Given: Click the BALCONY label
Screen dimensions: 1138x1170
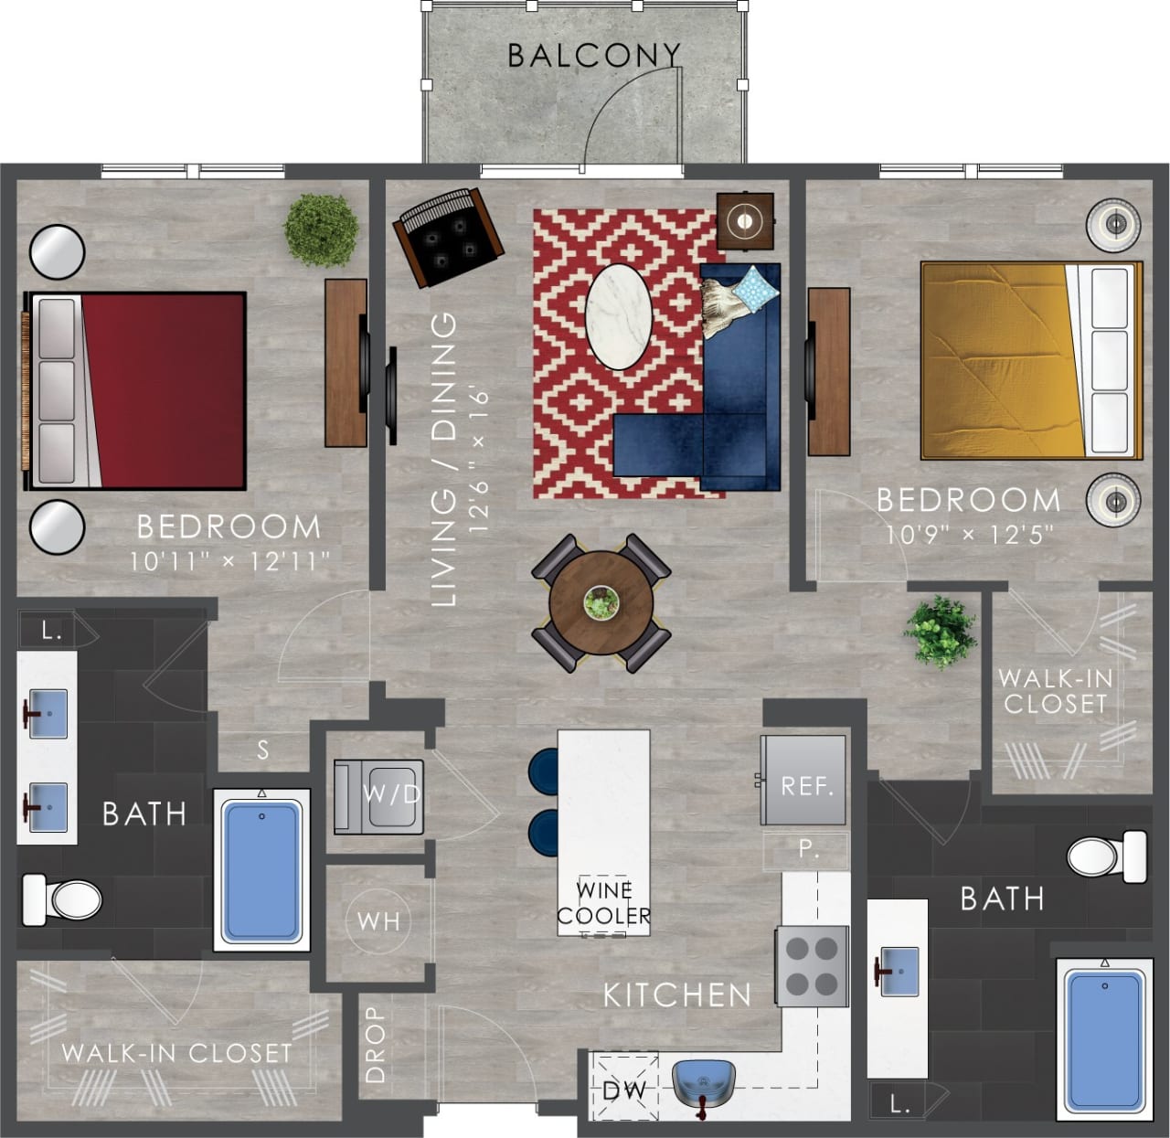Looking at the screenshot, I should coord(594,56).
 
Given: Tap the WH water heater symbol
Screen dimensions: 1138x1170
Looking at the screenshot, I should coord(379,920).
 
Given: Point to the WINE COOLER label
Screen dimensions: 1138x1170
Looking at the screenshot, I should coord(604,903).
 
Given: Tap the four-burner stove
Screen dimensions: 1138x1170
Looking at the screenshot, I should coord(812,965).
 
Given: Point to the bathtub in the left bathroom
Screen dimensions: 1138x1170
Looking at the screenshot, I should coord(261,869).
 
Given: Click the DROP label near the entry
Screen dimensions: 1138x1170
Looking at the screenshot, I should coord(376,1045).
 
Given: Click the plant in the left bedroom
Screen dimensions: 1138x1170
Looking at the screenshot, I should coord(320,229).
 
